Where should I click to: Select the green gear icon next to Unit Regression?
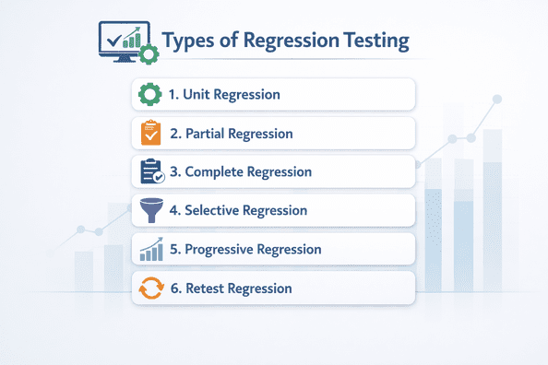[149, 94]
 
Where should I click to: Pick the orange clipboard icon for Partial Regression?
[149, 133]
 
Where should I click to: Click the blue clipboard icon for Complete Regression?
[149, 171]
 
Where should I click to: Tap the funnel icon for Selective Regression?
[149, 210]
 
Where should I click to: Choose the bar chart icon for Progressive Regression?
[149, 249]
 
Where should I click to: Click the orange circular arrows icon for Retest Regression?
[149, 288]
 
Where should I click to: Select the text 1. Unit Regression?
[224, 94]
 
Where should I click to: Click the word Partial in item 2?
[207, 134]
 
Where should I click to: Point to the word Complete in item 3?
[218, 172]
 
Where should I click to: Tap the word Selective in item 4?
[213, 211]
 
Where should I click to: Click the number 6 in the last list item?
[174, 288]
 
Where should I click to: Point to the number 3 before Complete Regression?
[174, 172]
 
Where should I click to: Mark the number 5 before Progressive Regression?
[174, 250]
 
